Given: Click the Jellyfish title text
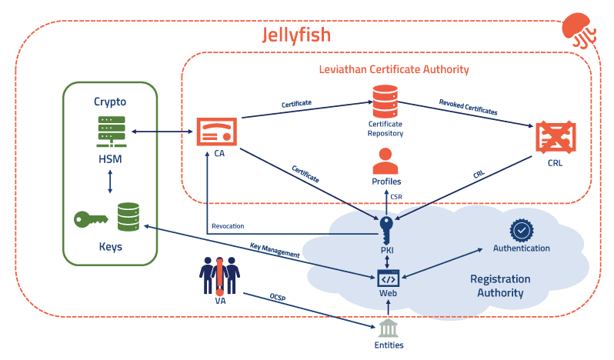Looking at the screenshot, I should [296, 35].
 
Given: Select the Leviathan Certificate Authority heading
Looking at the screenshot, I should [394, 69].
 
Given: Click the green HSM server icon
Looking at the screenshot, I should [110, 132].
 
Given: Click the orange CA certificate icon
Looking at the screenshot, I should [215, 132].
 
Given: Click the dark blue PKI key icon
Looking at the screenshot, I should [386, 228].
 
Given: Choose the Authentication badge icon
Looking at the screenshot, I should [521, 230].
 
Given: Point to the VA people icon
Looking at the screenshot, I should [220, 273].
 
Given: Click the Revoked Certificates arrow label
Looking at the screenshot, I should [468, 107].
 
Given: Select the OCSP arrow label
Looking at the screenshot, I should [278, 297].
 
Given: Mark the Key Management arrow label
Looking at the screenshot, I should [275, 251].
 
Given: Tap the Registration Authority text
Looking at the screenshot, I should [500, 285].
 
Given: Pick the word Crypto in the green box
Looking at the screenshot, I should [110, 102].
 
